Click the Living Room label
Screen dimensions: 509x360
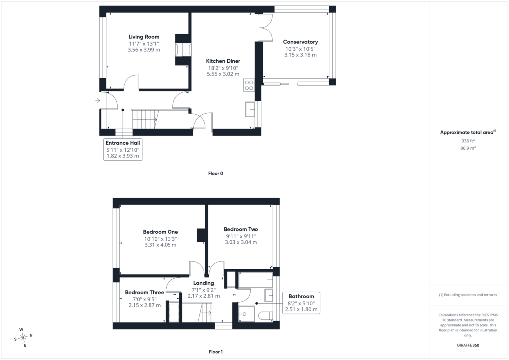[144, 37]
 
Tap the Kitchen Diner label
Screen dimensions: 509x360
[223, 61]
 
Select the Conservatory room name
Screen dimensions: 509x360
[300, 42]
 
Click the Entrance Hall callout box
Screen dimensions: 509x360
[123, 149]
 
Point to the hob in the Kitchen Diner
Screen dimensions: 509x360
[249, 85]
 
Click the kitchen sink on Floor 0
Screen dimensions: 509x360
[250, 109]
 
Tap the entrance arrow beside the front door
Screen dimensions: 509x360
[98, 101]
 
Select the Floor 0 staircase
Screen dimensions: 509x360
[145, 119]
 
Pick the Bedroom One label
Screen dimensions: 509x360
[161, 232]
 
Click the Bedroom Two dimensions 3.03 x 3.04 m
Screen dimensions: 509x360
[241, 242]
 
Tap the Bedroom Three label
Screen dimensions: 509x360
[145, 292]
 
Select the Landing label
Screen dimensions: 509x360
[203, 283]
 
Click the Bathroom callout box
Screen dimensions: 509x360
[301, 303]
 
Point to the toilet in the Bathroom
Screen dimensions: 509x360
[266, 316]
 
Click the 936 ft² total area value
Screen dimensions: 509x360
[468, 141]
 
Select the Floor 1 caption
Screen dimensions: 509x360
[216, 352]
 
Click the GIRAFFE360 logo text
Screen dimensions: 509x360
[468, 345]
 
